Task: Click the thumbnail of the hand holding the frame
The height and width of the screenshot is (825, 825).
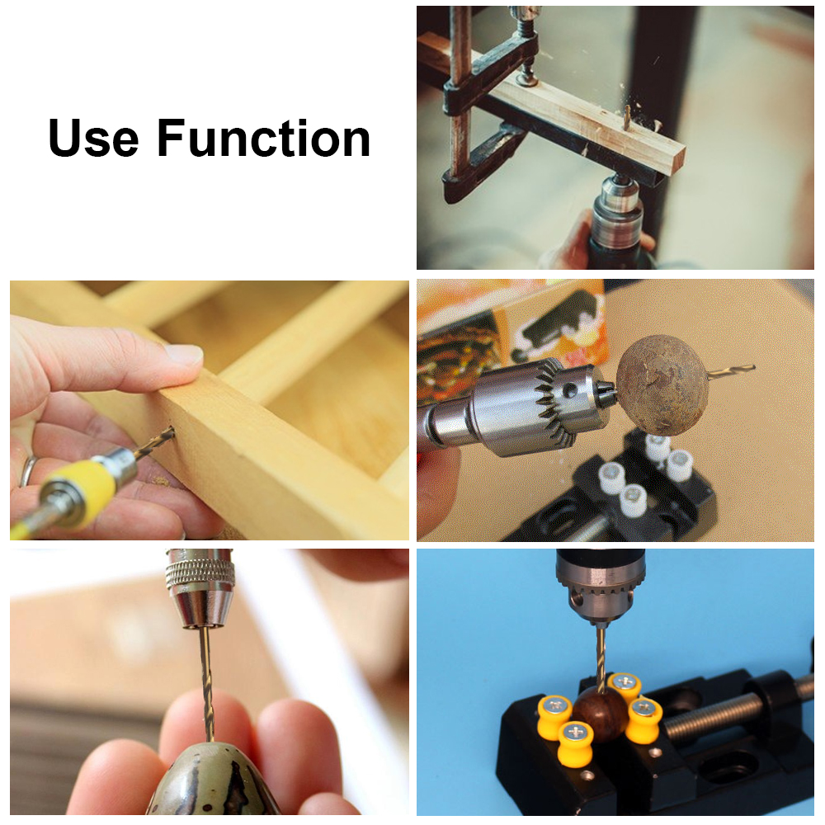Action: [209, 410]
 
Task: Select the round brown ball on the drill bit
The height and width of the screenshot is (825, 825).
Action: [662, 384]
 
